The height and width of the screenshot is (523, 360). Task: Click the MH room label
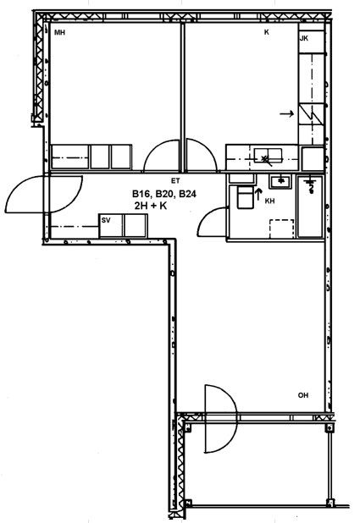[x=59, y=33]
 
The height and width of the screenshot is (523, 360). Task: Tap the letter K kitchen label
[x=267, y=32]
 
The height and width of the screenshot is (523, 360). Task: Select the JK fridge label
[x=304, y=38]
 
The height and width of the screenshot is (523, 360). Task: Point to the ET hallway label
[x=175, y=181]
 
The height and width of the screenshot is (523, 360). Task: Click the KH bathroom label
[x=270, y=201]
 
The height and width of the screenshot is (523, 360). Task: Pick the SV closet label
[x=106, y=220]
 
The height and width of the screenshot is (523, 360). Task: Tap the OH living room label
[x=303, y=395]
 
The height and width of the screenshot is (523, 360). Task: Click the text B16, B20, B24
[x=164, y=194]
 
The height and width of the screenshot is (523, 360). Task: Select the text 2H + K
[x=151, y=206]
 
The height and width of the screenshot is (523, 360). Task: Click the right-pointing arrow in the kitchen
[x=287, y=114]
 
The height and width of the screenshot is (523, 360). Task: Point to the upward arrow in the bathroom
[x=258, y=194]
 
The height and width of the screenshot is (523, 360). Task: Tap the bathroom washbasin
[x=280, y=181]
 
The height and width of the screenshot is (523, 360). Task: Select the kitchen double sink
[x=268, y=157]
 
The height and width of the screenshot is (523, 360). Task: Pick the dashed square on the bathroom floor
[x=282, y=228]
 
